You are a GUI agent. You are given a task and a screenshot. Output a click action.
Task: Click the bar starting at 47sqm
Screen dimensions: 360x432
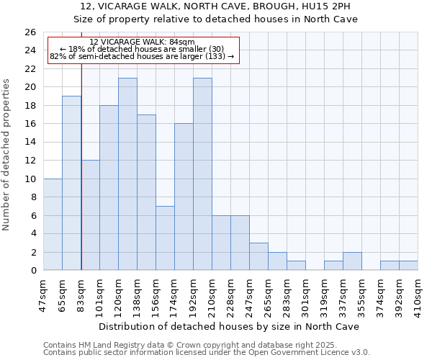53,224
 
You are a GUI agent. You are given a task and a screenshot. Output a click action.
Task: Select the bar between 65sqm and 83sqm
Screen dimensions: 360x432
71,183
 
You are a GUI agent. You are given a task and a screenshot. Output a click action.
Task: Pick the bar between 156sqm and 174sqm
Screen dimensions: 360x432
165,238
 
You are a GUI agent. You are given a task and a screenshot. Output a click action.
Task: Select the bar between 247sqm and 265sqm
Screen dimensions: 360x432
258,256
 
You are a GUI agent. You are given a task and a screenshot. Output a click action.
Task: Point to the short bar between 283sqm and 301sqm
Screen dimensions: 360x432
296,266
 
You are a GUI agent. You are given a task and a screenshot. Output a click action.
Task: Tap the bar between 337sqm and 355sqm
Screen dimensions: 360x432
352,261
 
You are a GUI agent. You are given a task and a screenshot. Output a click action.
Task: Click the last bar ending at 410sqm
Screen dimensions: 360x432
408,266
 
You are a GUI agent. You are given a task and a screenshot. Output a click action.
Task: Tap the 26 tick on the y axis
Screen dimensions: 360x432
30,32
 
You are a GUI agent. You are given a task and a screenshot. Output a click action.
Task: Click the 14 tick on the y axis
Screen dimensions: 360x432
30,143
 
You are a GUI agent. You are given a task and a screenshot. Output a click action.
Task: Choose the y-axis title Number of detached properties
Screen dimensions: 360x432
9,151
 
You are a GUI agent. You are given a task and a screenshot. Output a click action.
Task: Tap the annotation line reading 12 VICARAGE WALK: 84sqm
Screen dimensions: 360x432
142,42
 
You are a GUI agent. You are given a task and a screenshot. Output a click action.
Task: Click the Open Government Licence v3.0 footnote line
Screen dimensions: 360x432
207,352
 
